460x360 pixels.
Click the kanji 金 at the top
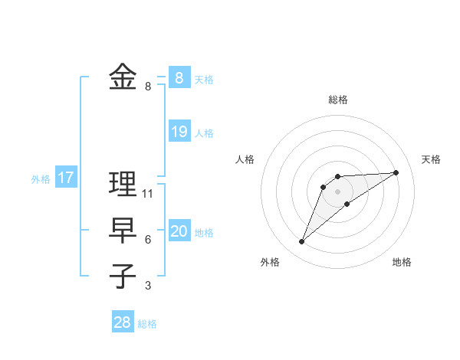pos(123,77)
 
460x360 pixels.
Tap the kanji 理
pos(123,184)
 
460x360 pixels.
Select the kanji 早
pos(123,230)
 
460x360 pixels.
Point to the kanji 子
pos(123,276)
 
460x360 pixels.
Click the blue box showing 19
pos(179,132)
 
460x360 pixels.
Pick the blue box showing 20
pos(179,231)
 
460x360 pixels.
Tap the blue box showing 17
pos(66,178)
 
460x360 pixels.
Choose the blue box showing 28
pos(123,322)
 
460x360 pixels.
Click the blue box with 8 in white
pos(179,78)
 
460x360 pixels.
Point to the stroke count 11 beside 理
pos(148,194)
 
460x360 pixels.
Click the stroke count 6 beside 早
pos(148,240)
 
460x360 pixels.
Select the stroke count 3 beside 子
pos(148,286)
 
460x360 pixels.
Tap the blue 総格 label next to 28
pos(147,324)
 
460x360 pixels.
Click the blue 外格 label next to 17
pos(41,179)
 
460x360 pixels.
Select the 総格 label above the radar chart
pos(337,100)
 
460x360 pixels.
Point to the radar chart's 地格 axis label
pos(402,262)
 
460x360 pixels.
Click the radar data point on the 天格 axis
pos(396,172)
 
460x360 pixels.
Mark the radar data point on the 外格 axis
pos(302,241)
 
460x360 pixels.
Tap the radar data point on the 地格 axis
pos(347,204)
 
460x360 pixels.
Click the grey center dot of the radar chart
pos(337,191)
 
